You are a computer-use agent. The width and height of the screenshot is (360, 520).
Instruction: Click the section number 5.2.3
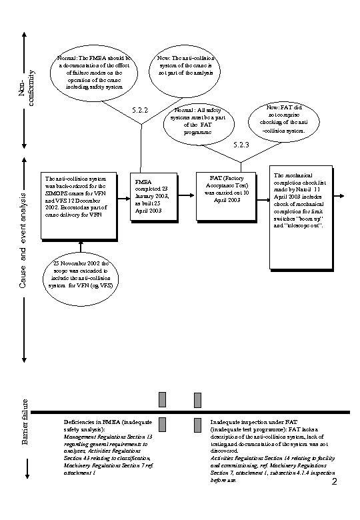coord(241,145)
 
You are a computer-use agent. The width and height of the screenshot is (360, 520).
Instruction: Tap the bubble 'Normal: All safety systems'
coord(199,123)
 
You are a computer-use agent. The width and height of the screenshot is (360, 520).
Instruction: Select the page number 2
coord(334,482)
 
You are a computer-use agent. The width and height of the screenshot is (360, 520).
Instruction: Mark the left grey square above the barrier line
coord(162,399)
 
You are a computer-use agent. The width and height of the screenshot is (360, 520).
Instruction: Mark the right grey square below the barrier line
coord(197,425)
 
